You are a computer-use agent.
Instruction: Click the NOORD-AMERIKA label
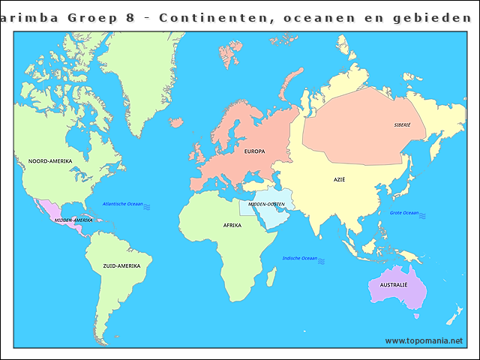click(49, 161)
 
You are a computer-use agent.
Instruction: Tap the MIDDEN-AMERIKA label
click(73, 220)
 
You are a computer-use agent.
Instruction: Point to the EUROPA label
click(254, 151)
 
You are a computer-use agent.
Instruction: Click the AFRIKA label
click(232, 225)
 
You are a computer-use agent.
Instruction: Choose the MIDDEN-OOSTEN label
click(266, 204)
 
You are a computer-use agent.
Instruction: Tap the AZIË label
click(340, 180)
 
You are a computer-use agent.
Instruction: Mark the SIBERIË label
click(402, 125)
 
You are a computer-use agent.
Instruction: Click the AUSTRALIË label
click(394, 285)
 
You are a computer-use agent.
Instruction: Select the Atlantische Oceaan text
click(122, 204)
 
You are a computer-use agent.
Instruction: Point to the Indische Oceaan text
click(299, 258)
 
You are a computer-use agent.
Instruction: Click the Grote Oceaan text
click(404, 213)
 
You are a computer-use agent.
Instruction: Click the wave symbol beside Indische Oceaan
click(322, 260)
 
